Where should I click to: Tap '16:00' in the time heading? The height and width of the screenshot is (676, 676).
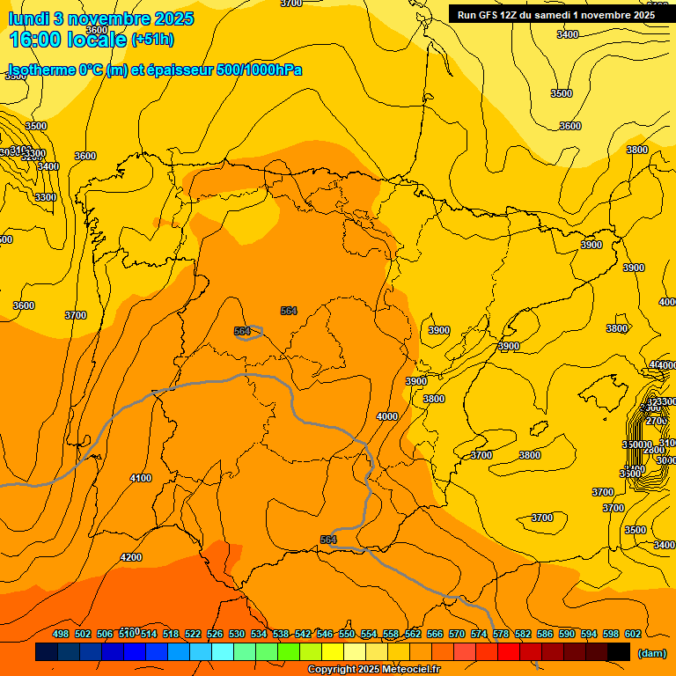36,40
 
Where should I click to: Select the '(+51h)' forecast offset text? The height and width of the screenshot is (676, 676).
152,40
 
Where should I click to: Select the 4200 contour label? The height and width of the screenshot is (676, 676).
131,557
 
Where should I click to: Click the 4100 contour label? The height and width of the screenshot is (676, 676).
141,478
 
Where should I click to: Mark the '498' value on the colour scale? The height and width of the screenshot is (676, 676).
61,634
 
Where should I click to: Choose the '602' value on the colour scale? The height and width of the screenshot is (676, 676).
633,634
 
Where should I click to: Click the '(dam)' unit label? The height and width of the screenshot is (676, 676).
651,653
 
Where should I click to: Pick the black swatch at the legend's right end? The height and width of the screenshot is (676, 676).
619,652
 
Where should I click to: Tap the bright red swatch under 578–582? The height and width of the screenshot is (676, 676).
509,652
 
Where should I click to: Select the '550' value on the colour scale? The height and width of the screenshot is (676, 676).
347,634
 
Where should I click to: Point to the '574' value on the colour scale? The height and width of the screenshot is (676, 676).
479,634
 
